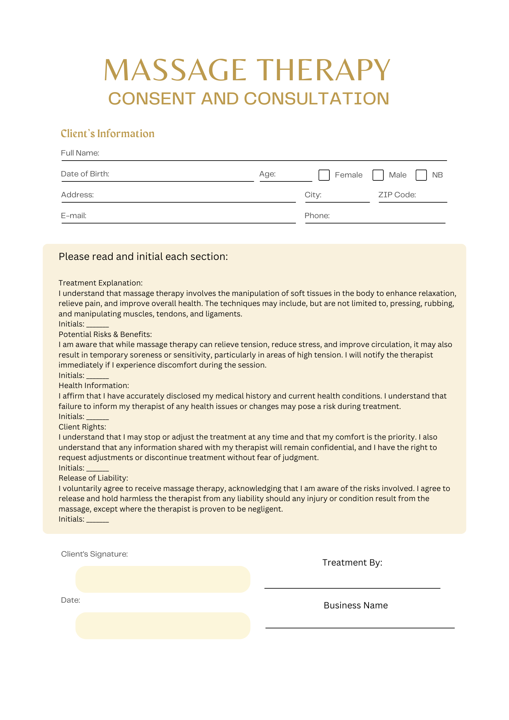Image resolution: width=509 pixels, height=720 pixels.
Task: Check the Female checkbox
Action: pos(324,175)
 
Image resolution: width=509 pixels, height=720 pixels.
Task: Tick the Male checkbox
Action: pos(378,175)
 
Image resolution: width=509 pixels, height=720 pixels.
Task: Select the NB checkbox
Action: pos(421,175)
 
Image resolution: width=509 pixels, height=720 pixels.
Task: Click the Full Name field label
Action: pos(80,153)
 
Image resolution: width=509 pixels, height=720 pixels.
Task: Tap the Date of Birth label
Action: pos(85,174)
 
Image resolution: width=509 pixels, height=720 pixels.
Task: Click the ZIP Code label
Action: pos(397,195)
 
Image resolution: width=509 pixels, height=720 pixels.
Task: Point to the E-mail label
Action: pos(73,216)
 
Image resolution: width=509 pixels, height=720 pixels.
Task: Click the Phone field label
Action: pos(317,216)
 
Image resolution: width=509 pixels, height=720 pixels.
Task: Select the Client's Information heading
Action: pos(107,134)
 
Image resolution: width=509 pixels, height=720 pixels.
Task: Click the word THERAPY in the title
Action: pos(325,70)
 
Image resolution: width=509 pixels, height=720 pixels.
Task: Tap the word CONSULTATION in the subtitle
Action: pos(316,99)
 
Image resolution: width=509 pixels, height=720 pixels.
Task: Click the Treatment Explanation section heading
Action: pos(100,283)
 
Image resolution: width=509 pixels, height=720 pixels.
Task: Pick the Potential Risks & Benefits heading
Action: pos(105,334)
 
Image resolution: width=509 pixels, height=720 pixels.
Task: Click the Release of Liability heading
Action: pos(93,478)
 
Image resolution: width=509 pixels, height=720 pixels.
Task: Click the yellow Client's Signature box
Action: pos(163,579)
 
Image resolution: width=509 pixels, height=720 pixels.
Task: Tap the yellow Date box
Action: pos(163,626)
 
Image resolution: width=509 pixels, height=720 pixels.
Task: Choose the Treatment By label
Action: pos(352,563)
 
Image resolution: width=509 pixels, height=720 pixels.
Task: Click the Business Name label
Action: pos(356,606)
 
